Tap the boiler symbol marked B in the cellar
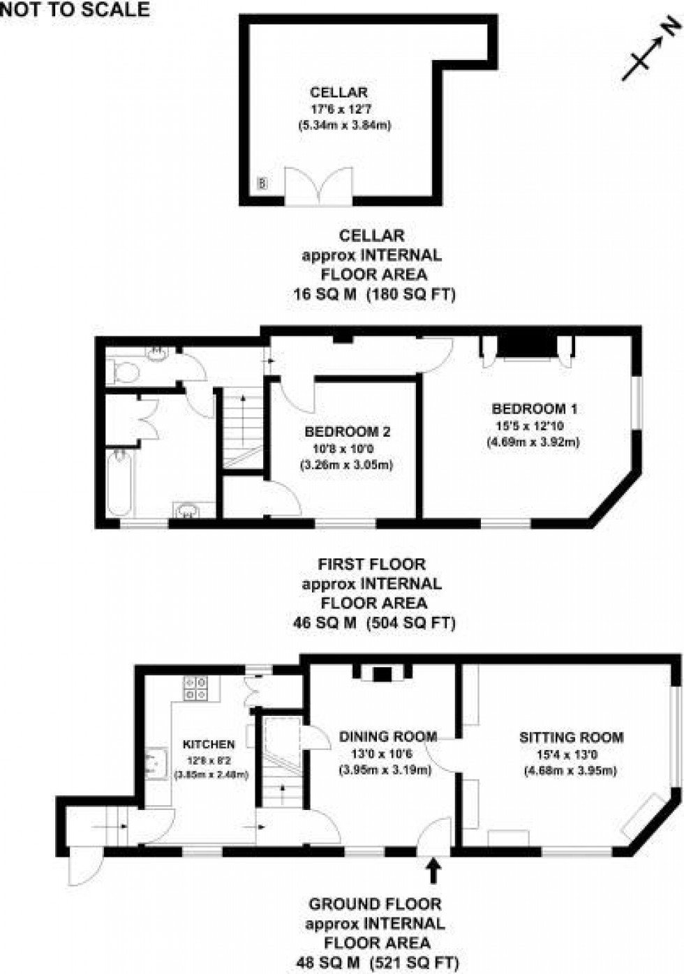[x=262, y=184]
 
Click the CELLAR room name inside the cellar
[x=339, y=92]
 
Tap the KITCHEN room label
[x=209, y=744]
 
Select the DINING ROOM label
[x=387, y=736]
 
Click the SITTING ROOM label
[x=571, y=737]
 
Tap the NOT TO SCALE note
[x=75, y=9]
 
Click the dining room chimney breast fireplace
[x=382, y=674]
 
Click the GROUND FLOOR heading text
[x=375, y=904]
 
